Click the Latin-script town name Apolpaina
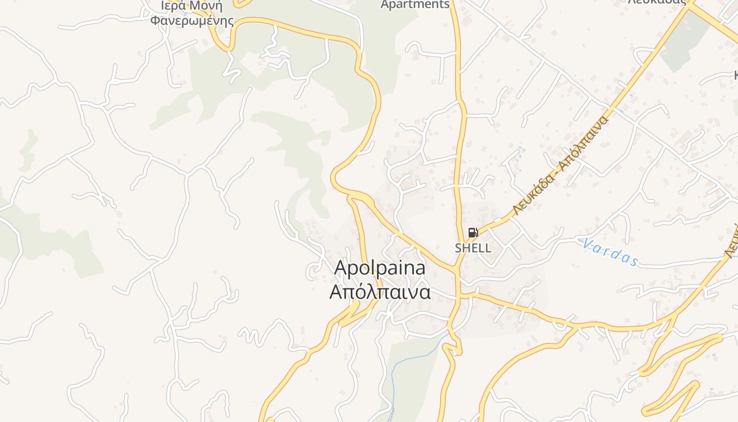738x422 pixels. pos(380,268)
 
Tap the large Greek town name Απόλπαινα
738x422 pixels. pos(380,292)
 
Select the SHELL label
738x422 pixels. pos(473,248)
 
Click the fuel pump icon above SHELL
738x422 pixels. pos(473,233)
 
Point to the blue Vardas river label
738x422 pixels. pos(609,252)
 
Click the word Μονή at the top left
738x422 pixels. pos(206,6)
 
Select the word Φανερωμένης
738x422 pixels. pos(192,21)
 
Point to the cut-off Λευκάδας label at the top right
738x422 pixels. pos(657,2)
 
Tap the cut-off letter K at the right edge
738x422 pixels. pos(735,75)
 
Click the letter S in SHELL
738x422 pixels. pos(458,248)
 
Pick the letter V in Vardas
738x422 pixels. pos(585,244)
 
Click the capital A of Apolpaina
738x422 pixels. pos(341,268)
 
